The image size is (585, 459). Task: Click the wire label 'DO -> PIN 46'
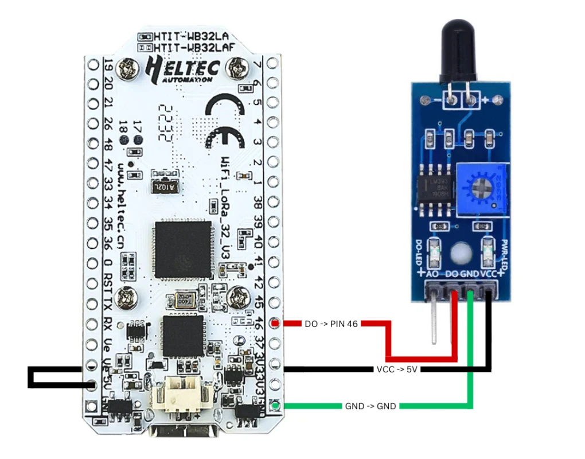click(331, 324)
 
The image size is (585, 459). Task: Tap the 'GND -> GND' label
click(370, 406)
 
